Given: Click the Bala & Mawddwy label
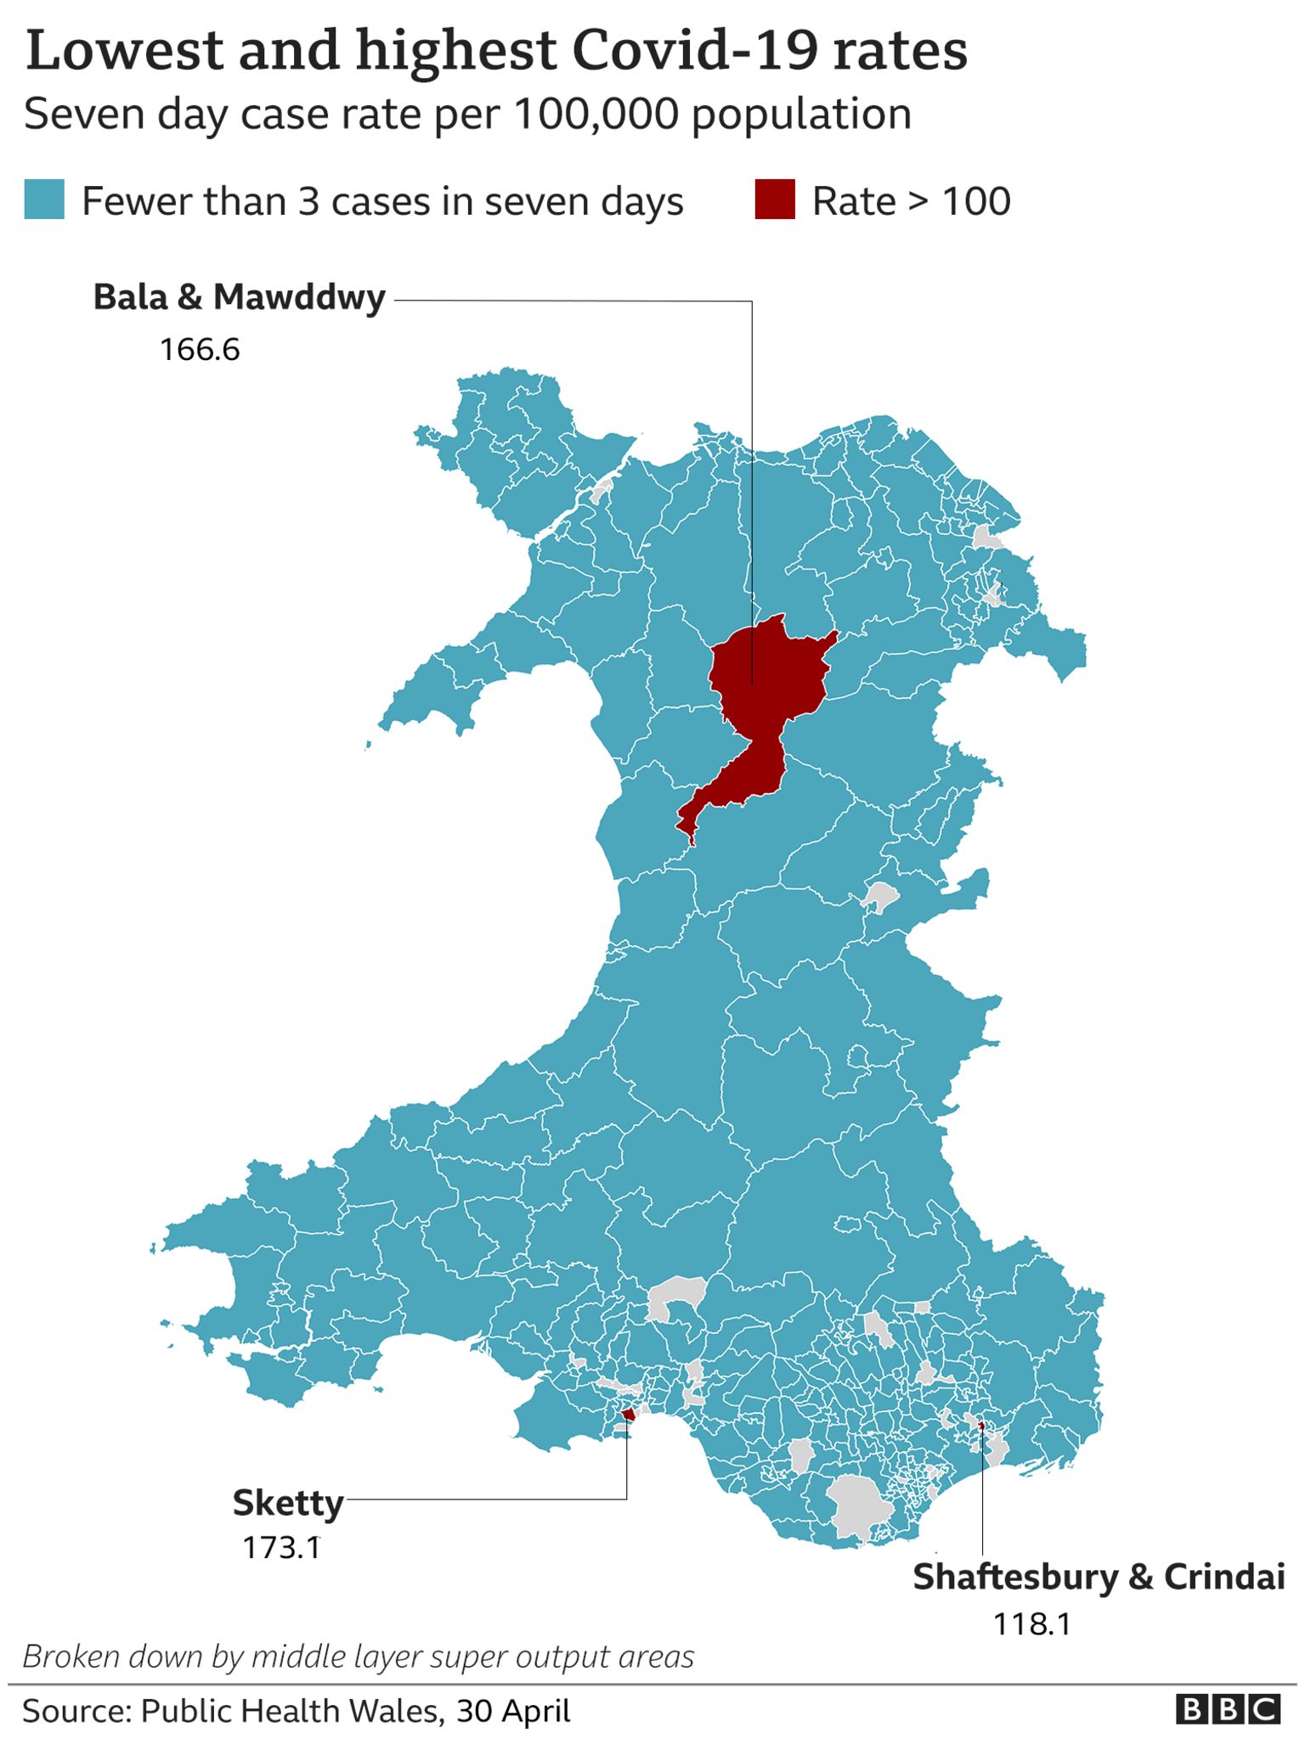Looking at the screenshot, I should pyautogui.click(x=239, y=298).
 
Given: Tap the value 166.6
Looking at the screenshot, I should pyautogui.click(x=200, y=349).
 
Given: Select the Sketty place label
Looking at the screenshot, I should pyautogui.click(x=288, y=1503).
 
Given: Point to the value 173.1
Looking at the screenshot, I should pyautogui.click(x=281, y=1548).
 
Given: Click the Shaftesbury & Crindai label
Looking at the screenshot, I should pyautogui.click(x=1098, y=1577).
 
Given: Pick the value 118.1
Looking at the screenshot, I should pyautogui.click(x=1031, y=1624).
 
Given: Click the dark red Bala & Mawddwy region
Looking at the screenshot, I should pyautogui.click(x=765, y=679).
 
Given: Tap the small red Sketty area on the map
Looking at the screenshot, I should pyautogui.click(x=630, y=1414).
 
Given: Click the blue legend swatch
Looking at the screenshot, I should pyautogui.click(x=44, y=200).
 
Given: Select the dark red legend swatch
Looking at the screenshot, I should pyautogui.click(x=775, y=200).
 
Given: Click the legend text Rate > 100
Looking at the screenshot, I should pyautogui.click(x=911, y=202).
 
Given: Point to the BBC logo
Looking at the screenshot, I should pyautogui.click(x=1228, y=1709).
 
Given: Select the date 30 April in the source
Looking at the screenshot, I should pyautogui.click(x=513, y=1711).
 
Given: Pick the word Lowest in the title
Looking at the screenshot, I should pyautogui.click(x=126, y=51).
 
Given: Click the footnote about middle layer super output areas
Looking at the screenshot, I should pyautogui.click(x=358, y=1657).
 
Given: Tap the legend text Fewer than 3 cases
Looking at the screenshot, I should pyautogui.click(x=382, y=202).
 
